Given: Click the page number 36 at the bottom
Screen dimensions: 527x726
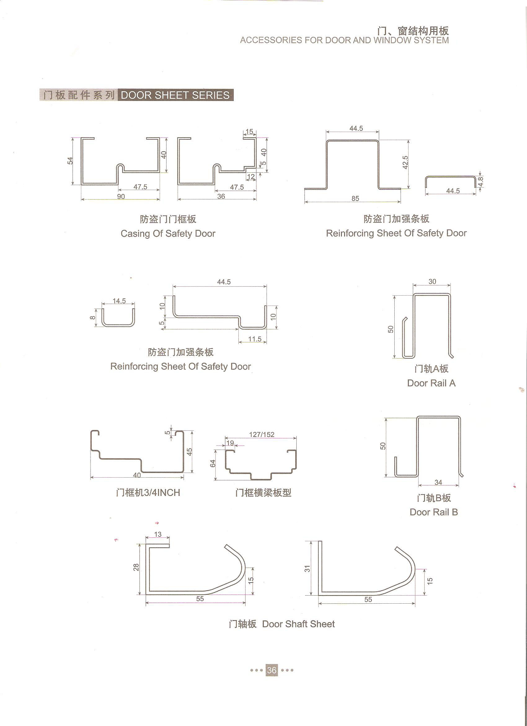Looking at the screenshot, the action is [x=272, y=670].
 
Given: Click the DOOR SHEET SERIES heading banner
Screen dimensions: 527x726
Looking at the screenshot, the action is [x=175, y=95].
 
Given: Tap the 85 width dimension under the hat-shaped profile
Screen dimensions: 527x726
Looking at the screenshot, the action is [x=355, y=198].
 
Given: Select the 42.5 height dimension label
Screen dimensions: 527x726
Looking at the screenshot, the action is [x=405, y=162].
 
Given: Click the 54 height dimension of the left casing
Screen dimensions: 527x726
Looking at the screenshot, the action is [x=70, y=160].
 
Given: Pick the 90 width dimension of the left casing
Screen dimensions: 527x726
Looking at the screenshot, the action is [x=121, y=196].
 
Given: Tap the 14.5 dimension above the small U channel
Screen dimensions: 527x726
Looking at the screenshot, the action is [x=119, y=301].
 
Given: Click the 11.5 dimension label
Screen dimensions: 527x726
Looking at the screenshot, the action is [x=255, y=339].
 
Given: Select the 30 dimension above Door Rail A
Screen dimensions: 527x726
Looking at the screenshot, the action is [x=432, y=281].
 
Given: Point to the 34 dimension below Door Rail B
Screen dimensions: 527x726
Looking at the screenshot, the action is [x=438, y=482].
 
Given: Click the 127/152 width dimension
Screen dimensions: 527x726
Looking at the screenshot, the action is [x=262, y=434].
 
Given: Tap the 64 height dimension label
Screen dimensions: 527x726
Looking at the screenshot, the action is [x=213, y=463].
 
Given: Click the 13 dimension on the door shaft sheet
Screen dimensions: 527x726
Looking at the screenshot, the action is [x=157, y=534].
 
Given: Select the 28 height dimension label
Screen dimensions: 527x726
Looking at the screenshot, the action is [x=136, y=567].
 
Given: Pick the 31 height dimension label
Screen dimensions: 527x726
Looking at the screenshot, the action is [x=307, y=569].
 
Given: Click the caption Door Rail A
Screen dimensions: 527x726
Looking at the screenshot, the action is [x=431, y=383].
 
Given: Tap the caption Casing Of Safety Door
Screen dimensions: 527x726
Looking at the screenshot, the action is [x=168, y=234].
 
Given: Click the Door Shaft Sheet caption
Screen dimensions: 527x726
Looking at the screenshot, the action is [x=299, y=624].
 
